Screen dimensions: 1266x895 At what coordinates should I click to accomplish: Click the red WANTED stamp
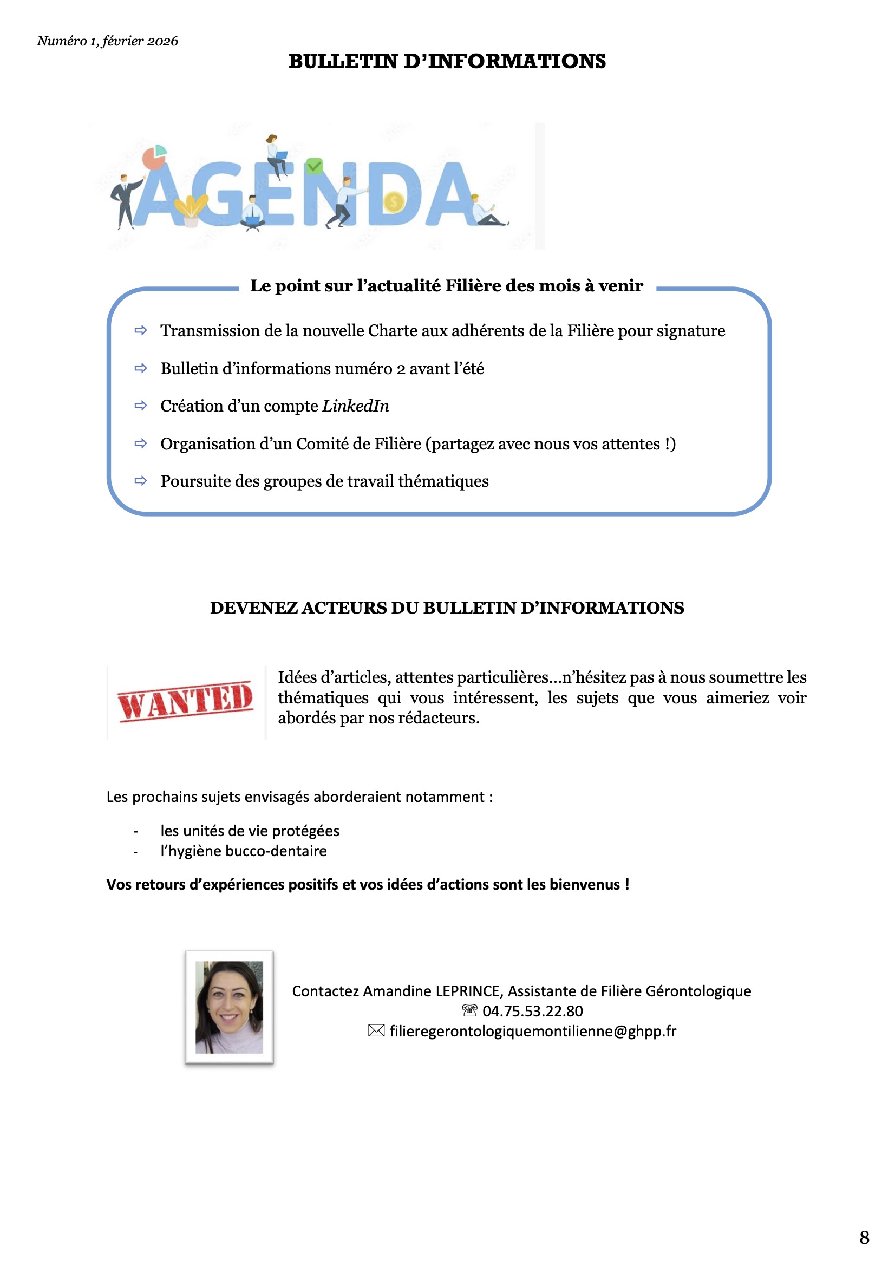click(185, 701)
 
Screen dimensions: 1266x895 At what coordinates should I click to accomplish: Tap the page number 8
click(864, 1237)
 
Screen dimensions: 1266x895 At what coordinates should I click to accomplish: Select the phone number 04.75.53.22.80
click(532, 1011)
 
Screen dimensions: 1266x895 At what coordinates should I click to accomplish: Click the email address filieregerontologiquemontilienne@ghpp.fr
click(533, 1031)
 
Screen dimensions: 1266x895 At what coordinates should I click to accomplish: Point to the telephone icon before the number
click(469, 1010)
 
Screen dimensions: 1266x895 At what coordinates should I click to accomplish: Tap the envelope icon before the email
click(376, 1030)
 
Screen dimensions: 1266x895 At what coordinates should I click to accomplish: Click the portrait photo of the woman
click(230, 1007)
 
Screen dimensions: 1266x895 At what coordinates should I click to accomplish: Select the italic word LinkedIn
click(356, 406)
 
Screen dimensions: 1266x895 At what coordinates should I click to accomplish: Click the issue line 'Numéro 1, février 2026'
click(108, 41)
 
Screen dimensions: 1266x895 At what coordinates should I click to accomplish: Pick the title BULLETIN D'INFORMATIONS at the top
click(447, 61)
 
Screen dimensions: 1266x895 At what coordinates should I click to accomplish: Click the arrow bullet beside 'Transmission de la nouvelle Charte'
click(141, 330)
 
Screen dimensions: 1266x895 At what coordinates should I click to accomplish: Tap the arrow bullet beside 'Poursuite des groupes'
click(141, 481)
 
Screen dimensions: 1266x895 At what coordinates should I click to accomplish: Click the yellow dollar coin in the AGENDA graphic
click(393, 202)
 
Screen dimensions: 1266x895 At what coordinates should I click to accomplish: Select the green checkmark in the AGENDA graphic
click(314, 165)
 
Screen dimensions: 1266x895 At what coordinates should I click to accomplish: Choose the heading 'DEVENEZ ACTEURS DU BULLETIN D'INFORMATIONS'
click(447, 608)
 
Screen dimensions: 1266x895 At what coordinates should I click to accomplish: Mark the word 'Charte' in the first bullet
click(398, 330)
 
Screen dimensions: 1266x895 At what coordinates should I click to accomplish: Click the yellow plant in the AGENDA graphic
click(191, 207)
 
